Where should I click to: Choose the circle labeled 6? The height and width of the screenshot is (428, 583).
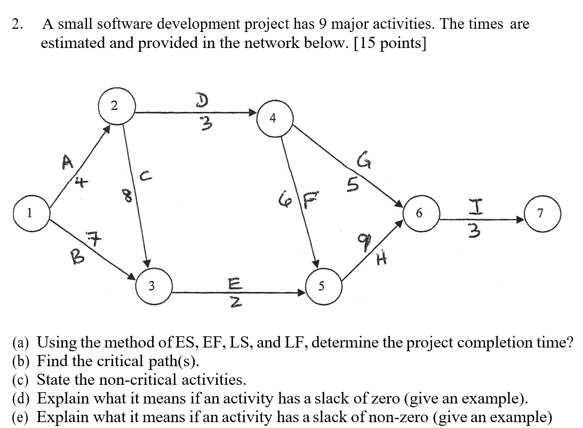(x=419, y=214)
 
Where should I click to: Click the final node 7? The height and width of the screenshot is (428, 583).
(x=540, y=214)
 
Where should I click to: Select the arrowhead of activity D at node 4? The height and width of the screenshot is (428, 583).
(x=251, y=112)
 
